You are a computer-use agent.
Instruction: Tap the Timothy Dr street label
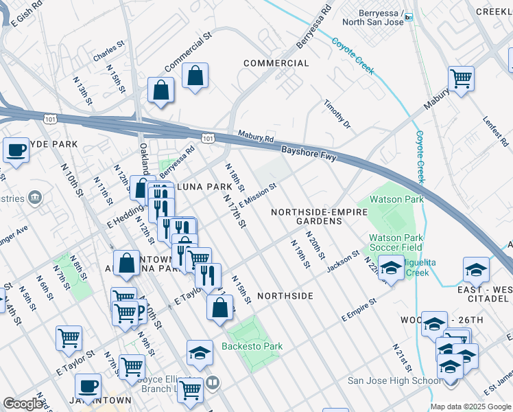click(337, 114)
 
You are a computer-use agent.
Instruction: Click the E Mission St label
click(257, 192)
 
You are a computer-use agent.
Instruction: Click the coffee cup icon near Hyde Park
click(16, 150)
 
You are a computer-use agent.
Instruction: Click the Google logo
click(23, 404)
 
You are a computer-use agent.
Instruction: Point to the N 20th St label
click(315, 246)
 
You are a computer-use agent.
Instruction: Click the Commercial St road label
click(186, 54)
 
